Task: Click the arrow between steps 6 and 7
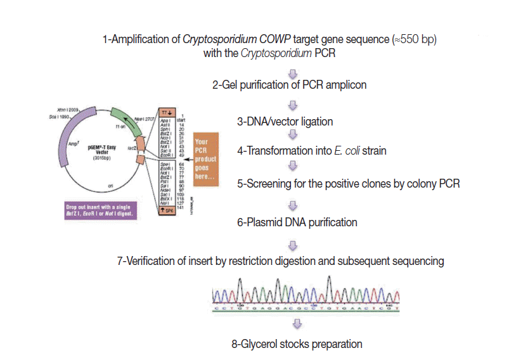click(x=292, y=244)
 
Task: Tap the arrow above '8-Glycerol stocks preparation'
click(x=292, y=325)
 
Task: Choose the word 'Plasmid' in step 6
click(x=266, y=222)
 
